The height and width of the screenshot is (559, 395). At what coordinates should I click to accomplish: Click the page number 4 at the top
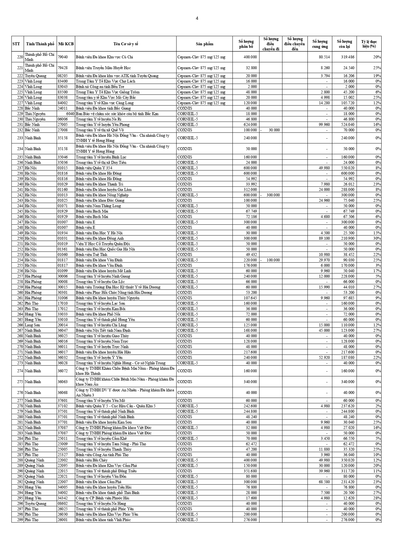tap(197, 18)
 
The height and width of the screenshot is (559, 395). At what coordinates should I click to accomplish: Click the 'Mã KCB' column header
tap(66, 44)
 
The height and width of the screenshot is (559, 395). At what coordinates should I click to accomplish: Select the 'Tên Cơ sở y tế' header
tap(126, 44)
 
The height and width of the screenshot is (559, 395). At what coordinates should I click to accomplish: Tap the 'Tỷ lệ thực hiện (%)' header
tap(369, 44)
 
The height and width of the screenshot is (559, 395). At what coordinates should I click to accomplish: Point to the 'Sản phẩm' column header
tap(205, 44)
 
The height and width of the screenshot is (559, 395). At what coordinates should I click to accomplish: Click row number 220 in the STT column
tap(20, 57)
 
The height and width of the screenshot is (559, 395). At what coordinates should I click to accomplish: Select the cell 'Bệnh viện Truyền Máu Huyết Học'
tap(103, 68)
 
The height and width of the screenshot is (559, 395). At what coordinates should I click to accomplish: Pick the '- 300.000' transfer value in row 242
tap(270, 195)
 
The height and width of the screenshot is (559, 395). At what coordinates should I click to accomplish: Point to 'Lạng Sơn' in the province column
tap(32, 325)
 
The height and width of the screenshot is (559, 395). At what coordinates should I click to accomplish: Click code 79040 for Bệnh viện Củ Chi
tap(62, 57)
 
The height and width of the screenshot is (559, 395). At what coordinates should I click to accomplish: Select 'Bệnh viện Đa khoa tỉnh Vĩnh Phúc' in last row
tap(103, 520)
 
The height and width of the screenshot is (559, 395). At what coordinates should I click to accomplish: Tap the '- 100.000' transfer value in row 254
tap(270, 260)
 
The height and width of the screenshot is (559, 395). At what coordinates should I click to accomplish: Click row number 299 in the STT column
tap(20, 520)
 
